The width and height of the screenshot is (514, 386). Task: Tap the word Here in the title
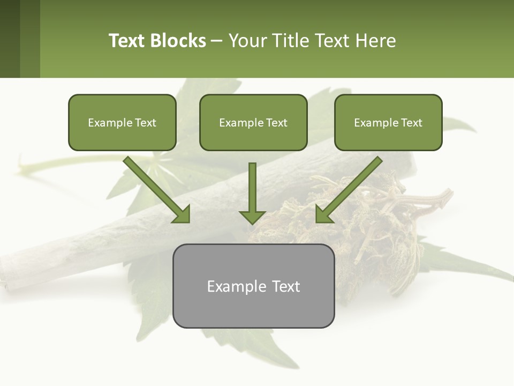coord(374,41)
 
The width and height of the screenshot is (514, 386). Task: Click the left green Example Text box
coord(122,123)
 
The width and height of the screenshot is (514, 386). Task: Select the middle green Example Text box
coord(253,123)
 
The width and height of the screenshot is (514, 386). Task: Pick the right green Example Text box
coord(388,123)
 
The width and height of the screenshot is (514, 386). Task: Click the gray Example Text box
coord(253,286)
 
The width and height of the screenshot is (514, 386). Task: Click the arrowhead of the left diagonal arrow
coord(182,214)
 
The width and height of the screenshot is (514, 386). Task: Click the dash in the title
coord(217,41)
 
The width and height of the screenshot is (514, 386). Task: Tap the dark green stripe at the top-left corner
coord(10,39)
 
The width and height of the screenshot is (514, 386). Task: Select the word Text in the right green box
coord(411,123)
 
